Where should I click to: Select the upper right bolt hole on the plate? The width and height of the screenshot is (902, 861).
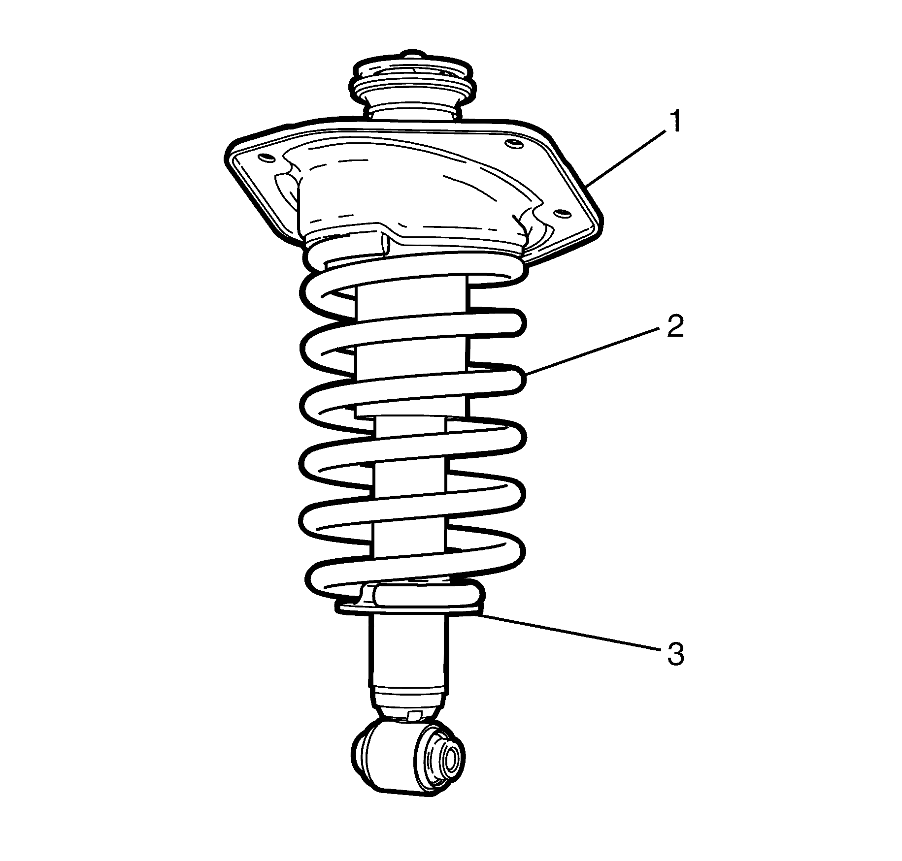point(512,144)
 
